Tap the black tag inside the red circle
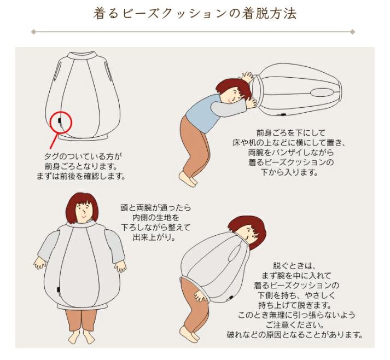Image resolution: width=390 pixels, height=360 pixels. click(x=59, y=121)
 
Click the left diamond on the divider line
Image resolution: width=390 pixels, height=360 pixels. click(x=33, y=32)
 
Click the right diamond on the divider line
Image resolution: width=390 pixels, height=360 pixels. click(x=352, y=32)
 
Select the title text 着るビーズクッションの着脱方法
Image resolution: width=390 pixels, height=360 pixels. click(x=195, y=14)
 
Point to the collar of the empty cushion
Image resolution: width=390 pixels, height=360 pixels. click(x=83, y=55)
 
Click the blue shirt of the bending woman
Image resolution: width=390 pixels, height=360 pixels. click(x=201, y=113)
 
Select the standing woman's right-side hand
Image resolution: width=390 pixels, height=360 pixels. click(x=120, y=266)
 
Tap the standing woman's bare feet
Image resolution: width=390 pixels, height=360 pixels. click(x=83, y=335)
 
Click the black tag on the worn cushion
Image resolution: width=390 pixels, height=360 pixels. click(x=59, y=290)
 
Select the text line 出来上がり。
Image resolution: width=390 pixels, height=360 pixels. click(x=154, y=237)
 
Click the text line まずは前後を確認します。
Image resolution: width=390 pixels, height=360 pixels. click(x=81, y=176)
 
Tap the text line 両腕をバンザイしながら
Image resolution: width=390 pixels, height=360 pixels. click(x=290, y=152)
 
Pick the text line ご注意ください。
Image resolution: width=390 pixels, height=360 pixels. click(x=295, y=325)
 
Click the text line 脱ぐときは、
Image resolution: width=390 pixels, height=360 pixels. click(x=294, y=266)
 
